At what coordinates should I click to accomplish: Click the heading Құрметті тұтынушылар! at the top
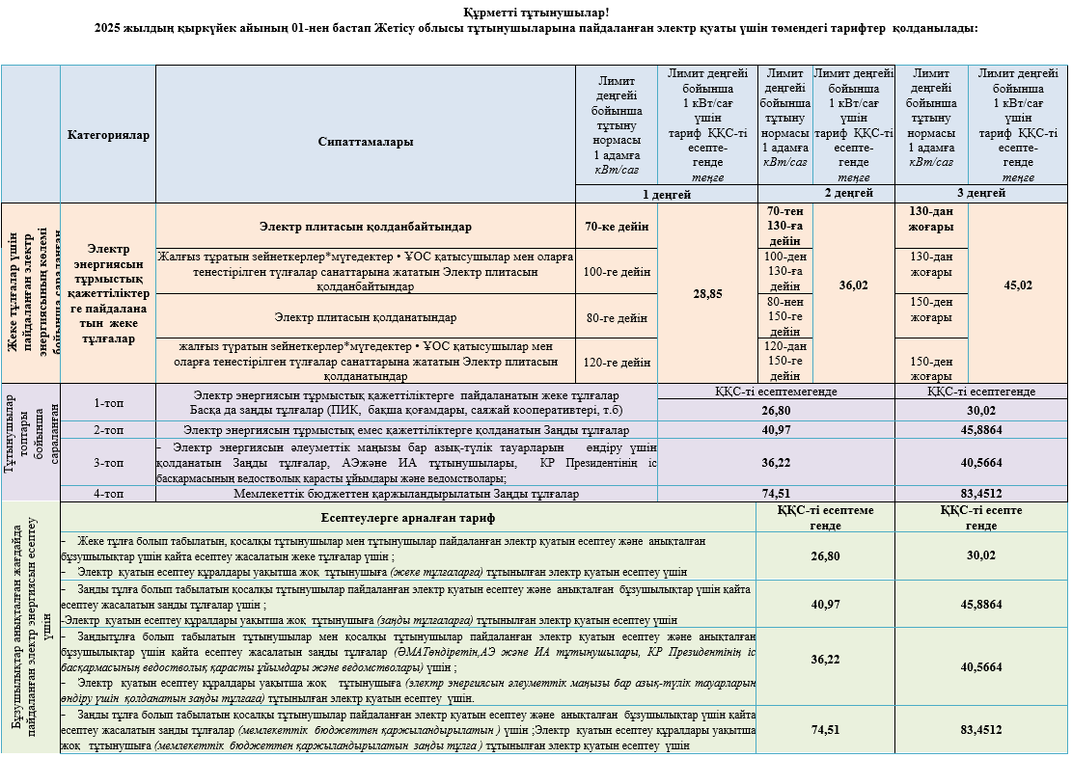[x=536, y=12]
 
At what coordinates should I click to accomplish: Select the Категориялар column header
[x=108, y=135]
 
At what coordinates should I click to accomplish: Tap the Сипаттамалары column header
[x=366, y=142]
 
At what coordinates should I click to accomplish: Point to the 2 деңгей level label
[x=827, y=193]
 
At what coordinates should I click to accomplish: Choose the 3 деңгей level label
[x=981, y=193]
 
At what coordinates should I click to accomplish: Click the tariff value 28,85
[x=707, y=293]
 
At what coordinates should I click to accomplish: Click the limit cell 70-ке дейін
[x=617, y=227]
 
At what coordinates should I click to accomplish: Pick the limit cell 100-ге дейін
[x=617, y=272]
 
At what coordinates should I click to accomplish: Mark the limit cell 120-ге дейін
[x=617, y=363]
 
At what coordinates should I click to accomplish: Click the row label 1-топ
[x=108, y=402]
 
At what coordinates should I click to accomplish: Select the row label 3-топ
[x=108, y=462]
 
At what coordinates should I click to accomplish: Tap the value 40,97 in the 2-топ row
[x=776, y=429]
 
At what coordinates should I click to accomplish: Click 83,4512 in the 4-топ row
[x=981, y=494]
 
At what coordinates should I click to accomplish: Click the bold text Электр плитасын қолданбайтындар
[x=366, y=227]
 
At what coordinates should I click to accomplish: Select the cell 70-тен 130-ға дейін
[x=784, y=226]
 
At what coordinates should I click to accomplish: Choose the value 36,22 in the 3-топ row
[x=776, y=462]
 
